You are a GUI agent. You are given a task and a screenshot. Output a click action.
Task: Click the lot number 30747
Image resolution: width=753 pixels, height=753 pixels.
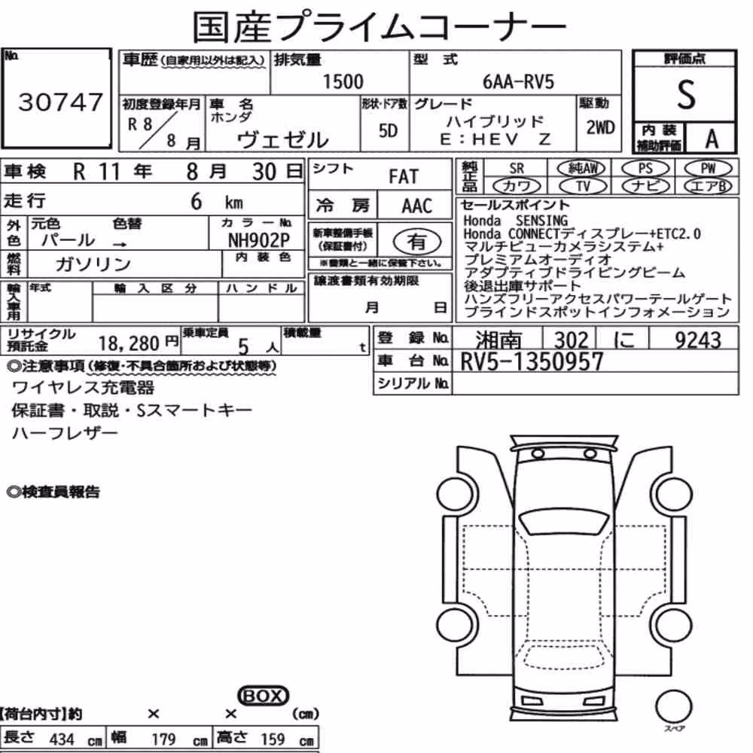point(60,102)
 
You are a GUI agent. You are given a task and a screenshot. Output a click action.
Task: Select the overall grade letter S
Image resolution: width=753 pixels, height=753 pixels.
point(686,94)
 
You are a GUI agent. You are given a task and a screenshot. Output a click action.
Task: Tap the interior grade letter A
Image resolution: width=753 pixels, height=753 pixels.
point(712,139)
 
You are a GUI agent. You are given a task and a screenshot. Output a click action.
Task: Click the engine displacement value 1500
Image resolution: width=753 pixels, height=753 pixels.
point(343,81)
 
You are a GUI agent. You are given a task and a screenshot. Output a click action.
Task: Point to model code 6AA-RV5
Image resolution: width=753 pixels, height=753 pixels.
point(518,82)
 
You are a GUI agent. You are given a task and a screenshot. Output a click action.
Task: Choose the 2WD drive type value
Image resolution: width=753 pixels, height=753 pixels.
point(600,127)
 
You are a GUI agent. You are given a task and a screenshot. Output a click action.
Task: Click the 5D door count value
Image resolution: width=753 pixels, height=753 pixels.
point(388,130)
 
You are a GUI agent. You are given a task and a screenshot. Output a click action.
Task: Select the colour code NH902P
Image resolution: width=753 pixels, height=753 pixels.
point(258,240)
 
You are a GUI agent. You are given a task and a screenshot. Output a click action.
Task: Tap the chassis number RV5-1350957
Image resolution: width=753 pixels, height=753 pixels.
point(532,361)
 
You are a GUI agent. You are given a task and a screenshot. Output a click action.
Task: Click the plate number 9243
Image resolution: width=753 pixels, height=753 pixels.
point(698,340)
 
